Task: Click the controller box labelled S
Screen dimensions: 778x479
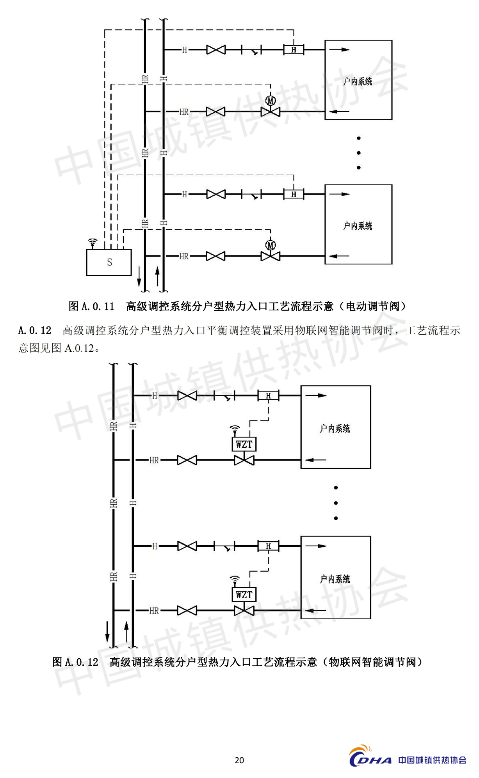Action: tap(109, 262)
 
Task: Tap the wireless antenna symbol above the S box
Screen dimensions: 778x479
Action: tap(92, 243)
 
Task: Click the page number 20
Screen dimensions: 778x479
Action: tap(239, 760)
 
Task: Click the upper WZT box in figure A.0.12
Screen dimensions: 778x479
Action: tap(244, 444)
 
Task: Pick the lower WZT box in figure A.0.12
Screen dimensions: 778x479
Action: tap(244, 594)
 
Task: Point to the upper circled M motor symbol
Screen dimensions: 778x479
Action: tap(271, 101)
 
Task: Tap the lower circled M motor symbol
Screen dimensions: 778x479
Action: tap(271, 245)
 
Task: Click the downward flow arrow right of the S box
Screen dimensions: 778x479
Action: tap(139, 277)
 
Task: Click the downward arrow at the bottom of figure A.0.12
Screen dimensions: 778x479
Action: tap(107, 632)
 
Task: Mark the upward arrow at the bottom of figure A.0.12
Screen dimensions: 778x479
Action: tap(126, 631)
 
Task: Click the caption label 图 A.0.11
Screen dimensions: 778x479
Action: tap(91, 307)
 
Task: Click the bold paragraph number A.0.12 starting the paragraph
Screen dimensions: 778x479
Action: tap(35, 331)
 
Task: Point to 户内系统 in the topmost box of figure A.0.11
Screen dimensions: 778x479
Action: tap(358, 82)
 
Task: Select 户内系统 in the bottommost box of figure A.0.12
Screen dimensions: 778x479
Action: tap(335, 579)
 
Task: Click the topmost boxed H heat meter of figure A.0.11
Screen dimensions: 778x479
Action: tap(294, 50)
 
